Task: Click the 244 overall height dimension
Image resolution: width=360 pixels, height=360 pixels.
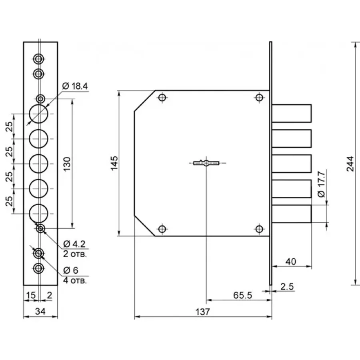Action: coord(350,164)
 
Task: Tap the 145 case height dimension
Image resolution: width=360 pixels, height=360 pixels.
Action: coord(114,163)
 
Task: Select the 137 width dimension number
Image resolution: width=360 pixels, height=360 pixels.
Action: coord(202,312)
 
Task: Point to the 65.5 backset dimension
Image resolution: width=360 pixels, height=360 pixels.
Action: coord(242,295)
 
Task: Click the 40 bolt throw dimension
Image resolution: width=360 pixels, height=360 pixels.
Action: coord(291,262)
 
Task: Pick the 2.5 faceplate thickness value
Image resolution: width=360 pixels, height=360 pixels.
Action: coord(287,286)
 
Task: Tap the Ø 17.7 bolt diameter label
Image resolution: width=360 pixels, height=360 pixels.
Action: coord(322,184)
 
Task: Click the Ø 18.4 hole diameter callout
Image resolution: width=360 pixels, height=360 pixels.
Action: coord(75,86)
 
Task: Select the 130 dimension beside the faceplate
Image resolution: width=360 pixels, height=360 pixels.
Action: coord(67,164)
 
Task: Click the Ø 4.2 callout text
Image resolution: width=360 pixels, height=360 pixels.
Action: coord(74,244)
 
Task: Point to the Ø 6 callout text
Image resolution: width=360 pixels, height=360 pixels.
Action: coord(70,270)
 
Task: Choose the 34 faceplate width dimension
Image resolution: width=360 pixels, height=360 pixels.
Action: coord(40,311)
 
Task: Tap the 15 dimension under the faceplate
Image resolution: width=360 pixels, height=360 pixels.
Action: coord(31,295)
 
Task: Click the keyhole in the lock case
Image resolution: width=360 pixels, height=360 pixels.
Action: coord(206,163)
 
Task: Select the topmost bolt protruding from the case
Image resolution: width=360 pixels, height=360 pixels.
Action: coord(292,114)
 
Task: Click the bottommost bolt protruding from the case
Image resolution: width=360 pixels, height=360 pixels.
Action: coord(292,214)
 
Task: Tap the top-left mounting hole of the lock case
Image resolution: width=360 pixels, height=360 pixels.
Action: coord(162,98)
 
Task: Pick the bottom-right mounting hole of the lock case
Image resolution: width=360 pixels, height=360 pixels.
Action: coord(259,229)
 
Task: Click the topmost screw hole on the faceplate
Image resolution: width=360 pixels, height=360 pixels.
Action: coord(38,59)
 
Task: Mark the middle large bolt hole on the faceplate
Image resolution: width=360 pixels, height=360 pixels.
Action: coord(38,164)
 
